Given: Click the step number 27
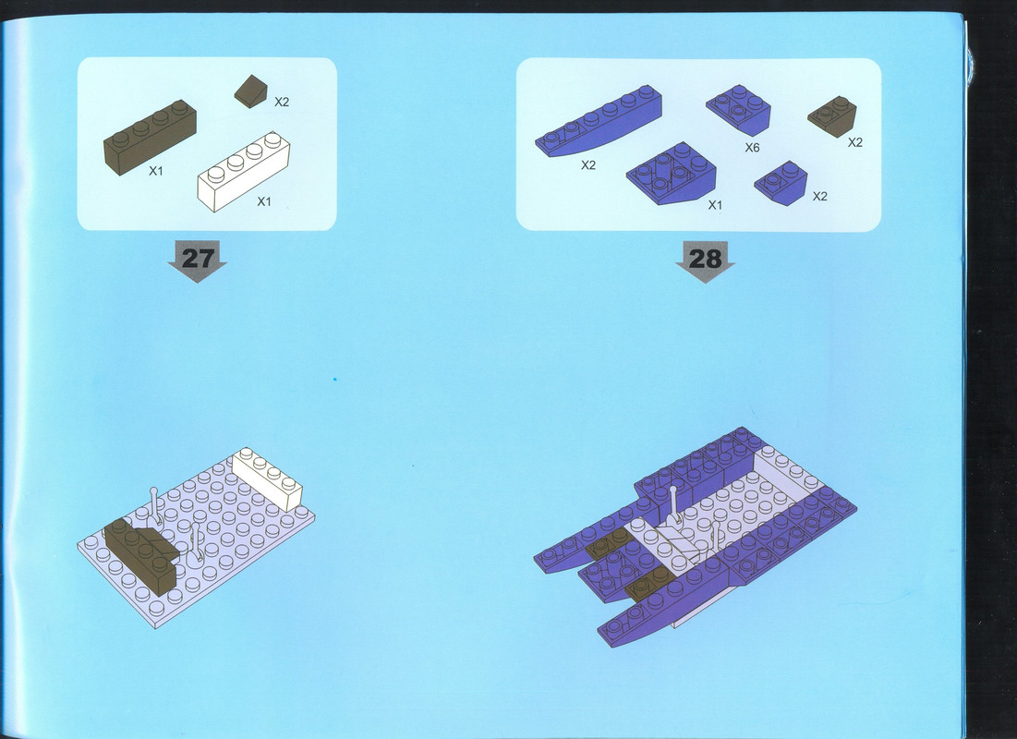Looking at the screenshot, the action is pyautogui.click(x=197, y=259).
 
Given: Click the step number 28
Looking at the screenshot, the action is pyautogui.click(x=705, y=259).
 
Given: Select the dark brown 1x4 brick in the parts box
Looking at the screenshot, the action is pyautogui.click(x=150, y=137).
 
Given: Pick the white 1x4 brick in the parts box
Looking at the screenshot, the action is pyautogui.click(x=243, y=171).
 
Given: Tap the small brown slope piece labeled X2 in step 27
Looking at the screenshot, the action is pyautogui.click(x=250, y=91).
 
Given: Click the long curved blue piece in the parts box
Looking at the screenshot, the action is pyautogui.click(x=599, y=121).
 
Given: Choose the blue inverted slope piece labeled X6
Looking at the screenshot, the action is pyautogui.click(x=738, y=110).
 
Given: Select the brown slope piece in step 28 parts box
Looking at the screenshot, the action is pyautogui.click(x=832, y=116).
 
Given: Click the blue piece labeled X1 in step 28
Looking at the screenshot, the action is pyautogui.click(x=672, y=174).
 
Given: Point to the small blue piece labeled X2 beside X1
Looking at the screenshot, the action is pyautogui.click(x=781, y=183).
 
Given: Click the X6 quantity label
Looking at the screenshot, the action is pyautogui.click(x=752, y=148).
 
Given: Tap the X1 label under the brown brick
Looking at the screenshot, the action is pyautogui.click(x=156, y=171).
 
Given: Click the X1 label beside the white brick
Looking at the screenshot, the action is pyautogui.click(x=264, y=201).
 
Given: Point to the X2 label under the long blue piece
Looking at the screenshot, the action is pyautogui.click(x=588, y=165).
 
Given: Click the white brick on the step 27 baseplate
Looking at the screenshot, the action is pyautogui.click(x=267, y=479).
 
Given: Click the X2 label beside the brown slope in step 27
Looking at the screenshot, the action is pyautogui.click(x=282, y=102).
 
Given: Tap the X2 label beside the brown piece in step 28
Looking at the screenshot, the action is pyautogui.click(x=855, y=143).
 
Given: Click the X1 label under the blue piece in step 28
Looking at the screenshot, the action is pyautogui.click(x=715, y=206).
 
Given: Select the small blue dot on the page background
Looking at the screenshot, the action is pyautogui.click(x=334, y=379).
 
